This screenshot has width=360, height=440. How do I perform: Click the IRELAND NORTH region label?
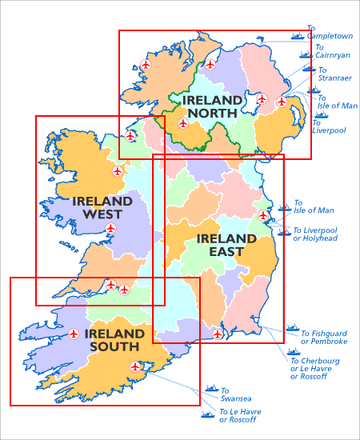coord(212,106)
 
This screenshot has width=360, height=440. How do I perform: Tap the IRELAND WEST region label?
coord(102,207)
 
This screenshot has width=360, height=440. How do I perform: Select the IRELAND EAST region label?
coord(220,245)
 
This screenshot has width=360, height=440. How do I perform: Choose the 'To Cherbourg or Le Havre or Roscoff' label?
coord(314,368)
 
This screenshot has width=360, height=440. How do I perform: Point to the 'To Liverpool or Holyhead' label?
coord(314,234)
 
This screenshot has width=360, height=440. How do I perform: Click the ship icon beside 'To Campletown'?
coord(298,35)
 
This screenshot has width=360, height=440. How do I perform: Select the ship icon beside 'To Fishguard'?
coord(292,329)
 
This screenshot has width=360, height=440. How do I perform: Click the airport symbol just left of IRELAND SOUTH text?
coord(74,334)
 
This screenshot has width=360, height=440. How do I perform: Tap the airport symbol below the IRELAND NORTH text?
coord(183,124)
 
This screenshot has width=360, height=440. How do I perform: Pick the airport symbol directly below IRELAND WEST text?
coord(110,229)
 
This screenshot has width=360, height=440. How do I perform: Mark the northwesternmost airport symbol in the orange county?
coord(146,64)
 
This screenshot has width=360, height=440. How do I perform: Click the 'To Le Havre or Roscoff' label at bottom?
coord(240,416)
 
